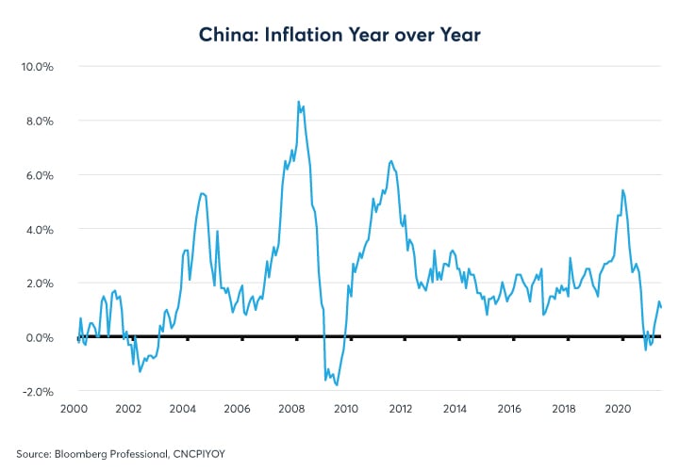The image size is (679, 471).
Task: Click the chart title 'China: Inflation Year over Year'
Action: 339,35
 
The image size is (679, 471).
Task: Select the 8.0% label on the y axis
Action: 38,122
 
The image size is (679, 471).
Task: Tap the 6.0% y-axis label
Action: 38,176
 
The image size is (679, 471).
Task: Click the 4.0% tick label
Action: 38,230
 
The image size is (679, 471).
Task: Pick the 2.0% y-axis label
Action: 38,284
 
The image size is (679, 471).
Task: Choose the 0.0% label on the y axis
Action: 38,338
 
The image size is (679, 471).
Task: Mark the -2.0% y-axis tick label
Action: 36,392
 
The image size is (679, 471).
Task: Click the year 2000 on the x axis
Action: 75,410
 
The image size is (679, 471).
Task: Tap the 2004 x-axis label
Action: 182,410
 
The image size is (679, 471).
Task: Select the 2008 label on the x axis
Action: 290,410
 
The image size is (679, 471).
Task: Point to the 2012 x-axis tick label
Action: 400,410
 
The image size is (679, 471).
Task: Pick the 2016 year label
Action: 508,410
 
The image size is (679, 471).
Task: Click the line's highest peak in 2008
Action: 299,102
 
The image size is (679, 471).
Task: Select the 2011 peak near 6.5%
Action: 390,161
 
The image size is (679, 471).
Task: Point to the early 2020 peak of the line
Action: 622,190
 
